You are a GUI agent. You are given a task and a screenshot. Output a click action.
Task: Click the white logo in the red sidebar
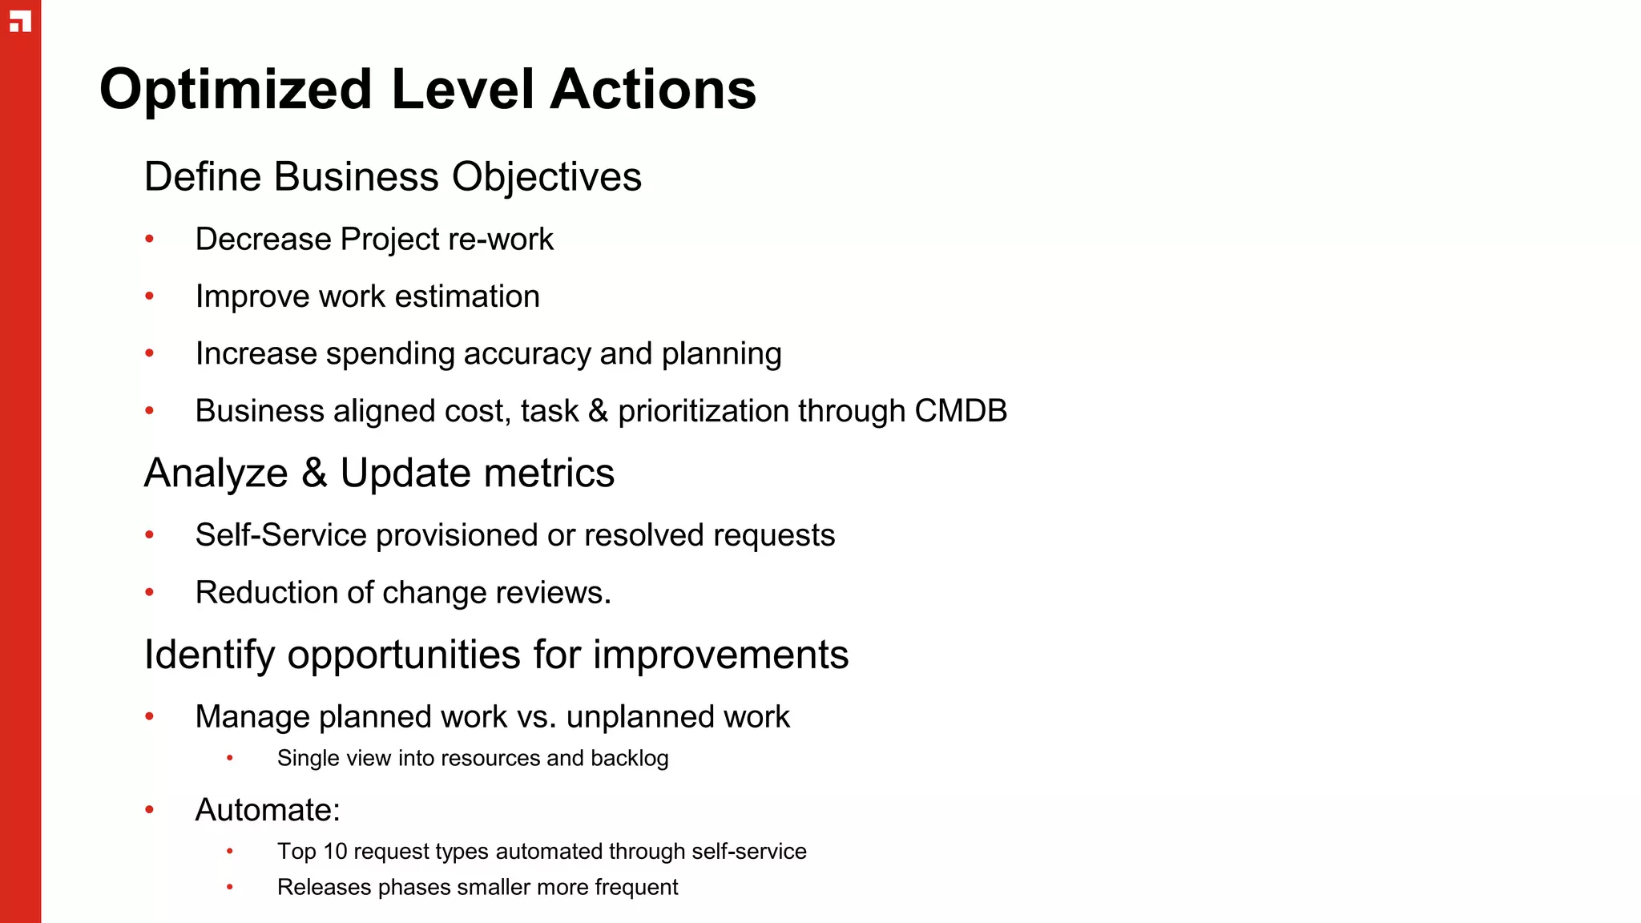point(21,22)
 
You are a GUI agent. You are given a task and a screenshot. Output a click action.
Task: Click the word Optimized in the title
point(236,90)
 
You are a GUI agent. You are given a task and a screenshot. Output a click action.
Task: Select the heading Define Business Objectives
point(393,177)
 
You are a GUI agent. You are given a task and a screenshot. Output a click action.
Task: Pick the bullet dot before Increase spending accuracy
point(150,353)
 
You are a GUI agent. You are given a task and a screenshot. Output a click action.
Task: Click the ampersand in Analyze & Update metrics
point(314,473)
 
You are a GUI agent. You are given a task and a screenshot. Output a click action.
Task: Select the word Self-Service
point(280,535)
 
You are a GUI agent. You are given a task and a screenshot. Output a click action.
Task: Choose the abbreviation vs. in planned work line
point(536,717)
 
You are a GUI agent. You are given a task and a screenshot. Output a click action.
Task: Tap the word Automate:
point(268,810)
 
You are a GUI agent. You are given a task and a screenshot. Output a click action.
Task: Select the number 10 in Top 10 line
point(335,851)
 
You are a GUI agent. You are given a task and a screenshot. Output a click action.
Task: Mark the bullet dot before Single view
point(230,758)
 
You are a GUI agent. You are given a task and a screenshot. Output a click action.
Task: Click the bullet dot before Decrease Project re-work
point(150,239)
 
